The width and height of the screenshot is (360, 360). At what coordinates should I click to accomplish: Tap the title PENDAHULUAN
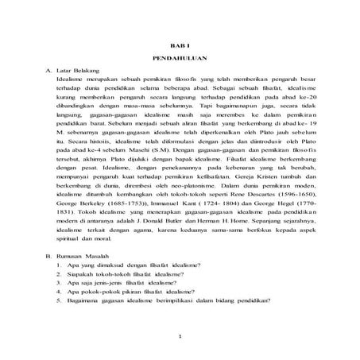pyautogui.click(x=180, y=60)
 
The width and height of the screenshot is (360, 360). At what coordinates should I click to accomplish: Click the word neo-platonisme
pyautogui.click(x=181, y=182)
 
